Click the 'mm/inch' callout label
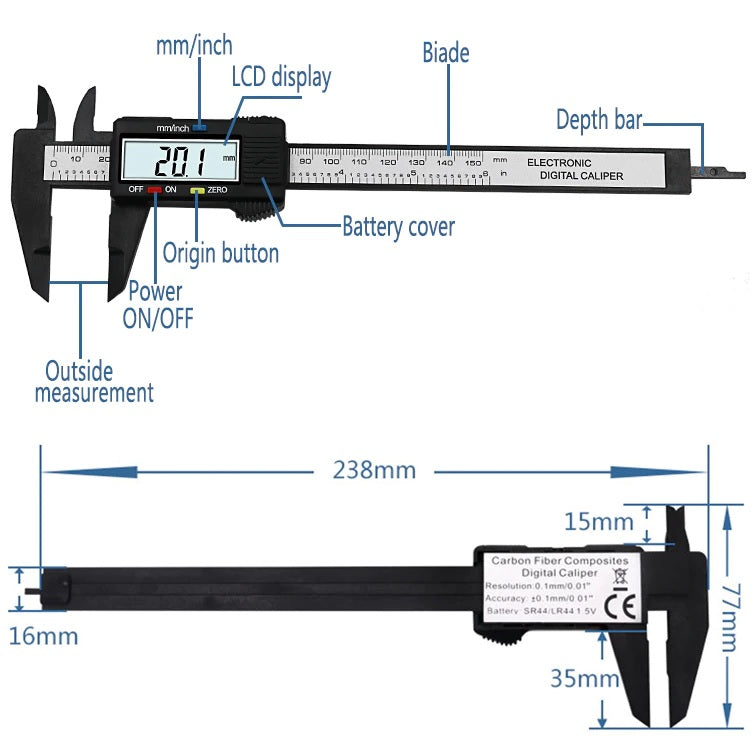point(194,45)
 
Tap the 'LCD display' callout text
point(281,77)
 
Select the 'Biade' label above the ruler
point(445,52)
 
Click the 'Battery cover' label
point(398,227)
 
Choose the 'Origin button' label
point(221,252)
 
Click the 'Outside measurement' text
point(94,381)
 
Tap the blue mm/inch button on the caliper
point(200,127)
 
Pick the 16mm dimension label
point(43,634)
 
